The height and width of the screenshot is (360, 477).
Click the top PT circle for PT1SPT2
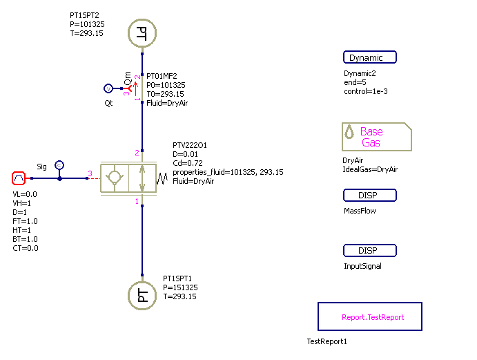click(142, 32)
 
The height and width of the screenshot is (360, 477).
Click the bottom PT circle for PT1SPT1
click(142, 296)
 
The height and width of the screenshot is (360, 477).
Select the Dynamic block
click(370, 58)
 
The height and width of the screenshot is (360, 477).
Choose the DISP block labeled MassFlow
click(370, 196)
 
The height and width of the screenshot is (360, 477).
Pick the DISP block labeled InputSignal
click(370, 251)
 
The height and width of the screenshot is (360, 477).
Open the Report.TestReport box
click(369, 317)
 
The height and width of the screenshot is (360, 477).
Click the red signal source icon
click(19, 178)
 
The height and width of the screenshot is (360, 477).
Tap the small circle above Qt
click(108, 88)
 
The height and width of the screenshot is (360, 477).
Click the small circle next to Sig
click(59, 164)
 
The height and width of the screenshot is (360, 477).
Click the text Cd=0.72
click(188, 162)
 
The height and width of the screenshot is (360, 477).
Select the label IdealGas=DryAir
click(370, 169)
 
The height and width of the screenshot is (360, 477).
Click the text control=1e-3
click(366, 91)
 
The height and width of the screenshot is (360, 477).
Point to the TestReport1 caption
click(327, 341)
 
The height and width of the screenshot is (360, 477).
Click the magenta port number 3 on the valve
click(89, 173)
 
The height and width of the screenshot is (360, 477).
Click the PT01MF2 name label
click(162, 76)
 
